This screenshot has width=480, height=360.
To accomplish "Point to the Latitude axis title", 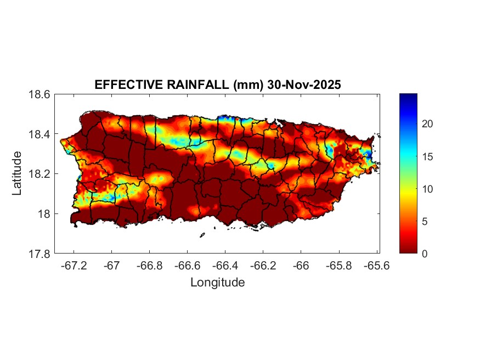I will pyautogui.click(x=18, y=173).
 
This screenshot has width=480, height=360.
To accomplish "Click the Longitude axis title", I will pyautogui.click(x=217, y=283).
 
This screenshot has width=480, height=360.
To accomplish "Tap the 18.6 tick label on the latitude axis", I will pyautogui.click(x=39, y=94).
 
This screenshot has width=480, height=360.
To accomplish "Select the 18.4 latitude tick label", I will pyautogui.click(x=39, y=134).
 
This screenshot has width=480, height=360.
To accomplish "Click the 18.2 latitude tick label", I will pyautogui.click(x=39, y=174).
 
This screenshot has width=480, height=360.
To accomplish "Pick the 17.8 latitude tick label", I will pyautogui.click(x=39, y=254).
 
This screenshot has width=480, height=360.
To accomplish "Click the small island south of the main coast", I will pyautogui.click(x=202, y=235).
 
